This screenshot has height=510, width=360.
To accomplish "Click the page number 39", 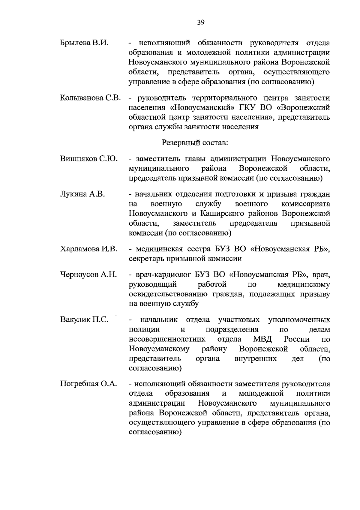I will [201, 22].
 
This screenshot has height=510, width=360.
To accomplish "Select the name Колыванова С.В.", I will [90, 98].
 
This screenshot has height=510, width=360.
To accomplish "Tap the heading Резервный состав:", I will [195, 143].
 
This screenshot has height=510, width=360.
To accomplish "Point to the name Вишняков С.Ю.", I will [89, 159].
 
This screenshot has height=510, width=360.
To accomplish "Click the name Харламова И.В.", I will [88, 249].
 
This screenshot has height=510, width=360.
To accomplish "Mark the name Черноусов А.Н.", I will [88, 274].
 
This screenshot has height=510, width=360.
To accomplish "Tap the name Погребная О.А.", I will [88, 384].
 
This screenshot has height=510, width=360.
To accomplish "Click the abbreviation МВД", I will [262, 339].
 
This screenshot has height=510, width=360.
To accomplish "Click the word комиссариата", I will [306, 204].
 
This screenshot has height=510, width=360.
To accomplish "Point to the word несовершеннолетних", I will [167, 339].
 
